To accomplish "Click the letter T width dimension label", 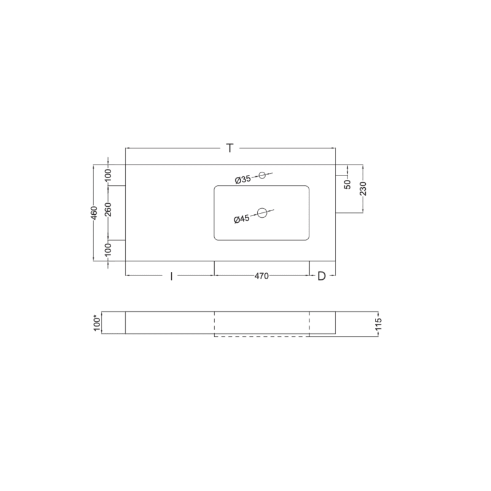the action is (230, 148).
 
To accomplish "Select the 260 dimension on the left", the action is (108, 209).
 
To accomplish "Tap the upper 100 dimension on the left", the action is (108, 174).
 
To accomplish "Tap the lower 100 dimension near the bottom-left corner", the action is (108, 249).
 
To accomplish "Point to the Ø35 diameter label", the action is (243, 180).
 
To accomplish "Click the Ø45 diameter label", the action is (242, 219).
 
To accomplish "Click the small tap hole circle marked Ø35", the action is (262, 175).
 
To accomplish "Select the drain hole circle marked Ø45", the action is (262, 213).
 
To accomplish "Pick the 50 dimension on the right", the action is (347, 185).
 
